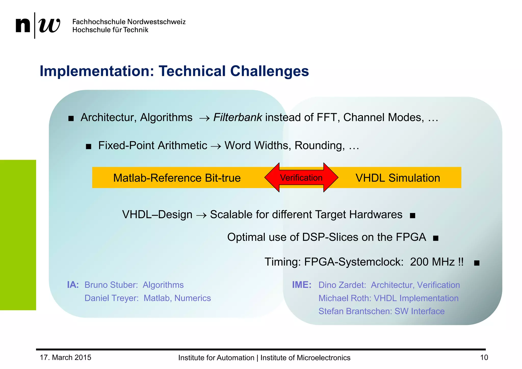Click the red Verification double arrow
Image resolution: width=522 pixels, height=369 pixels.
301,178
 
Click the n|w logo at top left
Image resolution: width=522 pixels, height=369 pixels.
38,25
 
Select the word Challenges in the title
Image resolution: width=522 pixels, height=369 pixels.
269,71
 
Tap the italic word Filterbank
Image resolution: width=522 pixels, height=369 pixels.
238,117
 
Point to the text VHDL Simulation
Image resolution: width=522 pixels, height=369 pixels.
398,178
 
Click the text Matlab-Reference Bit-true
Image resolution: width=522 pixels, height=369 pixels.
177,178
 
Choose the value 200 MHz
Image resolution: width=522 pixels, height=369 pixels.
432,262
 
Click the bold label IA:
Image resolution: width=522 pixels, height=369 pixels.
73,285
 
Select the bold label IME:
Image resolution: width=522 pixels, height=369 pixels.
302,285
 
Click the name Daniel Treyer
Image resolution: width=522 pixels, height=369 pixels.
111,298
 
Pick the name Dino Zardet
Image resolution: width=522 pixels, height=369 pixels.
342,285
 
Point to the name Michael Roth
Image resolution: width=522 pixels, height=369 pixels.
345,298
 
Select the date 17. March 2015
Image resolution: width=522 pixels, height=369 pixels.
66,358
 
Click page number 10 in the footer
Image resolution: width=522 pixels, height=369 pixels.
484,358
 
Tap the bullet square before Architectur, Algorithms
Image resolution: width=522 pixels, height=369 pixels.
71,118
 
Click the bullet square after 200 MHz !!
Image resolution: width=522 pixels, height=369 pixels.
477,263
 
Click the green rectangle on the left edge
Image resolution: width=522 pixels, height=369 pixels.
18,235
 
